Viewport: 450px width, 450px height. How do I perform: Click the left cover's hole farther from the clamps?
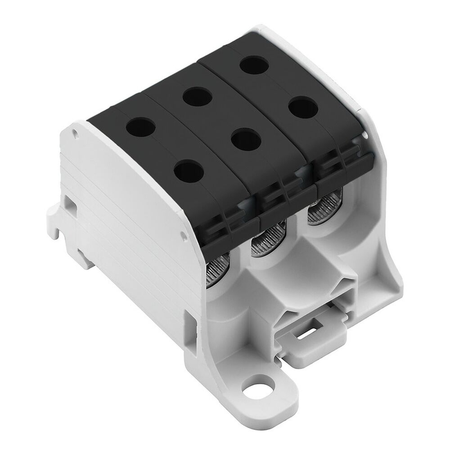[x=139, y=127]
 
